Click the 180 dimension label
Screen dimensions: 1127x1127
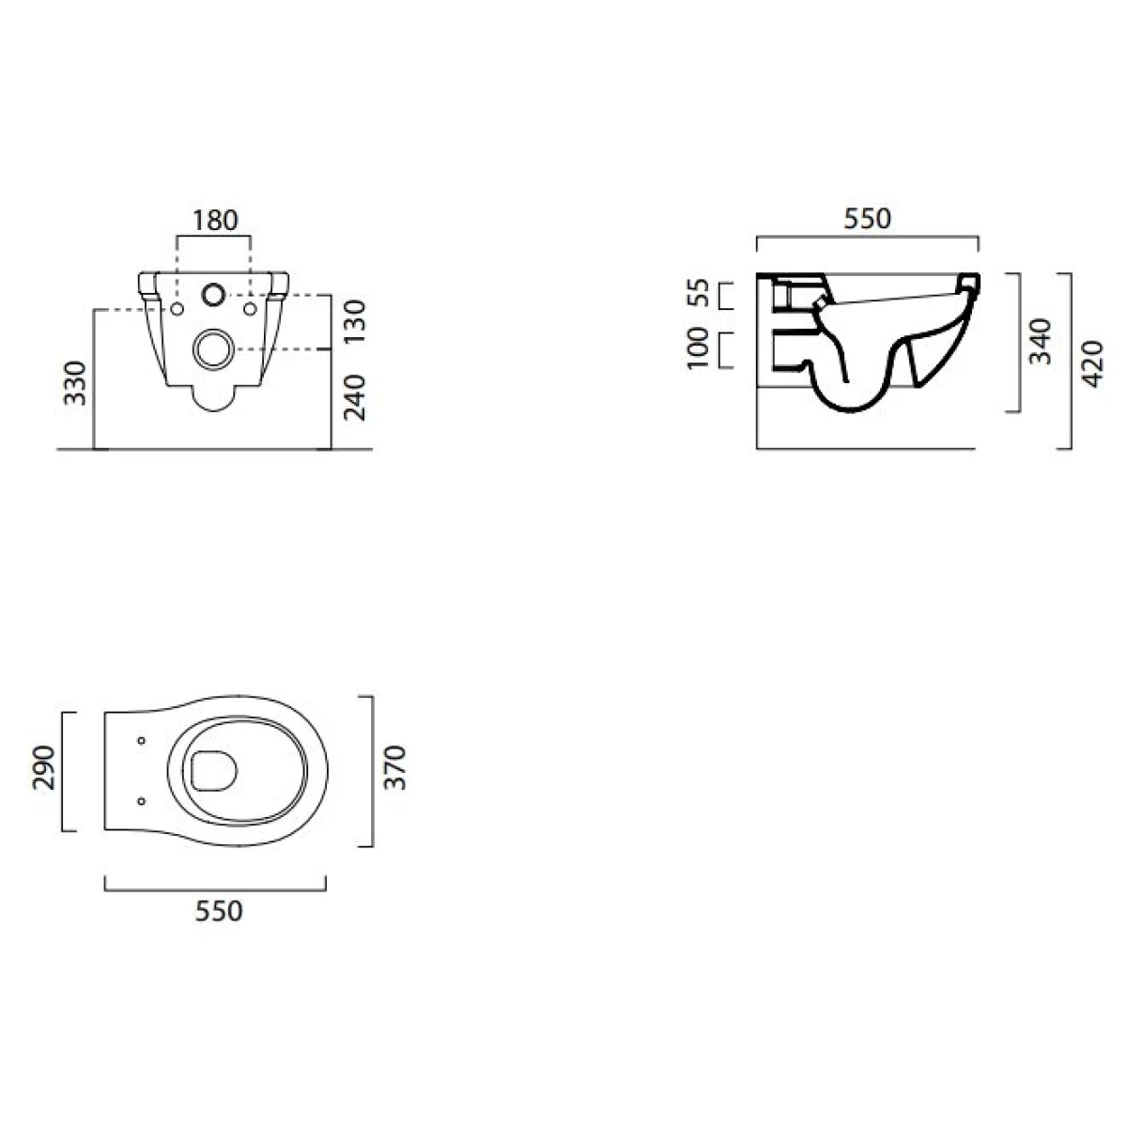[215, 221]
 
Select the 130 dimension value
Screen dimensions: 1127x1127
[354, 322]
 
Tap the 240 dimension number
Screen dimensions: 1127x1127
[354, 397]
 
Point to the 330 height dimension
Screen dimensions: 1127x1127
[75, 383]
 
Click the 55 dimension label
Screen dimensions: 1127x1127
[698, 293]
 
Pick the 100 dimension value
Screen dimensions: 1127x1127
[698, 348]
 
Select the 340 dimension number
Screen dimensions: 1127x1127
[1040, 341]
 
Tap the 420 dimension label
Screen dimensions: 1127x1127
[1091, 363]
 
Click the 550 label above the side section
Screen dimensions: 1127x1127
[868, 219]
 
